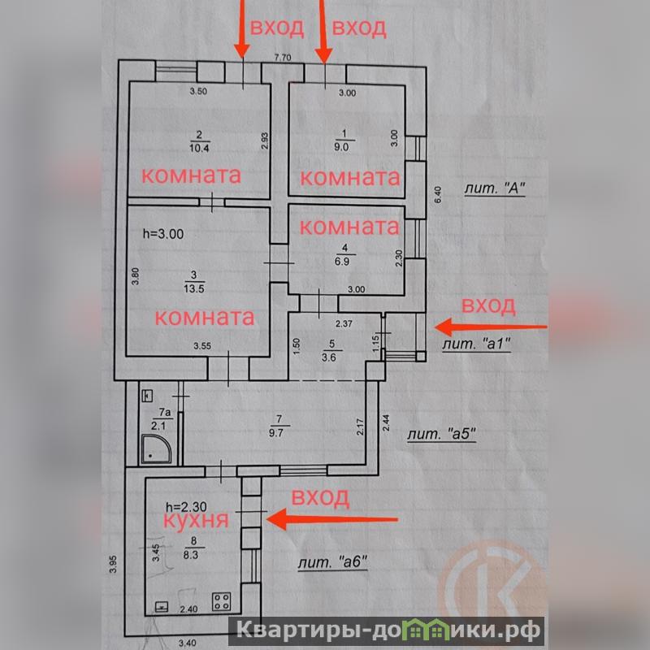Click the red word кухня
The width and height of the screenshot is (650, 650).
click(x=196, y=520)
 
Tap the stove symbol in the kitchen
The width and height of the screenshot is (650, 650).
click(x=221, y=601)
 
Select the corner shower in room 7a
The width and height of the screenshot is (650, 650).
click(x=156, y=448)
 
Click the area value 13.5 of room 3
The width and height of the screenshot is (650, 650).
click(x=194, y=288)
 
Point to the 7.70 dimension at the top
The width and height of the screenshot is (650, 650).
click(x=283, y=58)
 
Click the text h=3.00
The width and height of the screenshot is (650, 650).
click(x=163, y=234)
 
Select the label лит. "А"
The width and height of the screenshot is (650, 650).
click(x=495, y=188)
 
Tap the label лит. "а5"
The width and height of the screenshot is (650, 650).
click(x=441, y=435)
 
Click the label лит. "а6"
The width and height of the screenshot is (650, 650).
click(x=333, y=562)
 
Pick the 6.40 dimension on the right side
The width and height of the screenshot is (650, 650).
click(x=438, y=194)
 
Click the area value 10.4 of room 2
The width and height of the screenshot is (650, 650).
click(x=199, y=148)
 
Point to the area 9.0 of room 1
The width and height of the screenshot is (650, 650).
click(x=341, y=147)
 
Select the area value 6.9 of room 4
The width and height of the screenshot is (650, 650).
click(x=344, y=262)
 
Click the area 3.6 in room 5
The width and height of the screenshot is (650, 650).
click(x=329, y=357)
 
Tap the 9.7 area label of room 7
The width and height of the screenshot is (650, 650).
click(x=276, y=432)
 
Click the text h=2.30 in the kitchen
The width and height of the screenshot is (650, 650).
click(x=186, y=506)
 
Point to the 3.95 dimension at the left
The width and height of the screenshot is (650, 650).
click(x=113, y=564)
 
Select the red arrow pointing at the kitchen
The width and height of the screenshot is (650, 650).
click(x=332, y=519)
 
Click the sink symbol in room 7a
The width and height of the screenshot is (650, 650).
click(x=148, y=396)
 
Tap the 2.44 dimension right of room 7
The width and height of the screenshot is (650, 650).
click(x=386, y=422)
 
